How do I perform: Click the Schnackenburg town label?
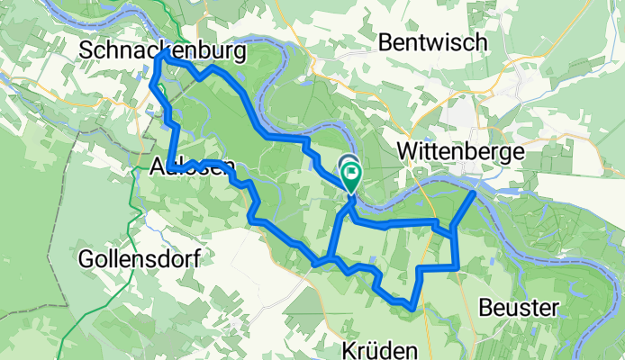(x=162, y=52)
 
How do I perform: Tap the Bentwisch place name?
(x=432, y=42)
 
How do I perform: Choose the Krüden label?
(x=381, y=349)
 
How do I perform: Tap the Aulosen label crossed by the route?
(x=194, y=166)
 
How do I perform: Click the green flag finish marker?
(x=349, y=174)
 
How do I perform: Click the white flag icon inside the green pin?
(x=349, y=168)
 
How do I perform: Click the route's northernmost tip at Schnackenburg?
(x=164, y=55)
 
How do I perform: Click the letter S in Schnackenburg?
(x=86, y=52)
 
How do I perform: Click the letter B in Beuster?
(x=485, y=308)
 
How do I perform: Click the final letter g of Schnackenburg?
(x=239, y=54)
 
